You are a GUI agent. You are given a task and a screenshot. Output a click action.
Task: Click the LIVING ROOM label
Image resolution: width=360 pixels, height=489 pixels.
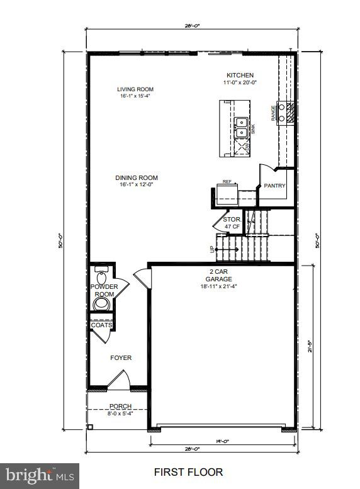point(135,89)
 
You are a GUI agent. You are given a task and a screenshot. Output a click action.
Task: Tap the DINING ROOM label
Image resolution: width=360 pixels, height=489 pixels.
point(136,177)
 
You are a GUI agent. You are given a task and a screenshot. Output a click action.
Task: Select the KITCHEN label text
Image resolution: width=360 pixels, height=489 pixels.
point(240,76)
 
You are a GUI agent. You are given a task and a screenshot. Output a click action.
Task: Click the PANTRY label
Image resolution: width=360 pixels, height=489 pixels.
point(275,186)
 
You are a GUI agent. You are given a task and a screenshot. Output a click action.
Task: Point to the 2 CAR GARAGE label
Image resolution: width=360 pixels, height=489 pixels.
point(220,275)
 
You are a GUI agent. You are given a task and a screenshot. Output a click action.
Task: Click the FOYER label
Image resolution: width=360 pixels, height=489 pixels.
point(121,357)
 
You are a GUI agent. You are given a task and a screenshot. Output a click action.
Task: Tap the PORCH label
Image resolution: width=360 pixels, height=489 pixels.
point(120,407)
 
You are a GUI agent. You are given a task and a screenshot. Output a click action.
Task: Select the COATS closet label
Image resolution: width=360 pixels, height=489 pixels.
point(101,325)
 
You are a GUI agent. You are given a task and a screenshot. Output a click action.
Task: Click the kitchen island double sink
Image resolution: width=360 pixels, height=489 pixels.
point(240,127)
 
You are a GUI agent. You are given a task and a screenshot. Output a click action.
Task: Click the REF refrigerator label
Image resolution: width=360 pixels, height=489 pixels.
point(227,182)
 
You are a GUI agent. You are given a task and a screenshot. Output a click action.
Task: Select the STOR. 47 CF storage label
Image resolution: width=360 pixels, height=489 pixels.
point(232,223)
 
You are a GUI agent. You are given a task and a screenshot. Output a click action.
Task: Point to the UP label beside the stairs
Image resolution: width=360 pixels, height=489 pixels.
point(212,249)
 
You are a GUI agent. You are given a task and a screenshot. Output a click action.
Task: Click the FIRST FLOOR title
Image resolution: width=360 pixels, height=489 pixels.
point(188,471)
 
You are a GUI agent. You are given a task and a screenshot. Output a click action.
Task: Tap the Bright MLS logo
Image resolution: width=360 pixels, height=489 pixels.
point(40,475)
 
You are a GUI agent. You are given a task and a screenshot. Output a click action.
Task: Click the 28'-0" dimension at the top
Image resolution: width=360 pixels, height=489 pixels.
point(192,26)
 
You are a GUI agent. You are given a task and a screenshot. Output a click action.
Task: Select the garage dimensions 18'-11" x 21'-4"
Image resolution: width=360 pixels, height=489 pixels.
point(220,286)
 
